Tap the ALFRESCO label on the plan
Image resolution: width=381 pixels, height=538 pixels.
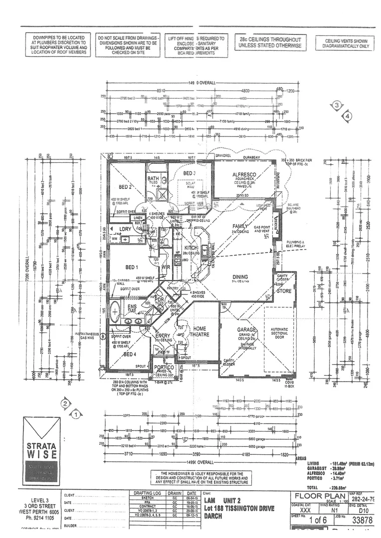[x=244, y=175]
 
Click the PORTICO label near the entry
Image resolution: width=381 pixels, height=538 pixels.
[x=164, y=368]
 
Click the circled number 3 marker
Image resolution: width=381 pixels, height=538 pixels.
[x=338, y=105]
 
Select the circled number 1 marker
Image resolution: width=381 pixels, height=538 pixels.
[x=76, y=413]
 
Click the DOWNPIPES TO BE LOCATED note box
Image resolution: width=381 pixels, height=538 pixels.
[x=59, y=45]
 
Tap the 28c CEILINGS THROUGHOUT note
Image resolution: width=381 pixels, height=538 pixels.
[x=270, y=42]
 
